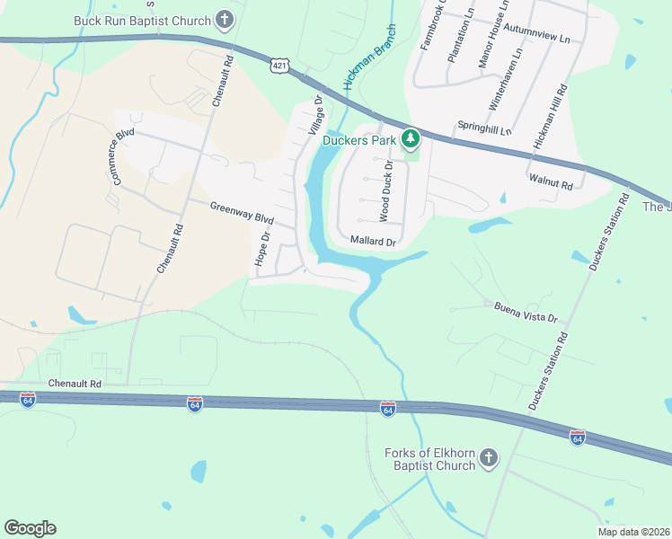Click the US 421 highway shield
click(281, 66)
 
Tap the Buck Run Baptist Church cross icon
click(225, 20)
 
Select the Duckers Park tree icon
click(411, 138)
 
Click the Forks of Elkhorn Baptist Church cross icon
click(489, 459)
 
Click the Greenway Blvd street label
click(241, 213)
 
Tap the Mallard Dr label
click(373, 242)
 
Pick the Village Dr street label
click(315, 117)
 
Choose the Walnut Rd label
click(551, 182)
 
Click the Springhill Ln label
click(483, 129)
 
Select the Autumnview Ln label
click(537, 40)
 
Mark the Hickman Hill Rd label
click(550, 117)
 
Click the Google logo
click(30, 528)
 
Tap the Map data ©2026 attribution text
click(632, 532)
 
